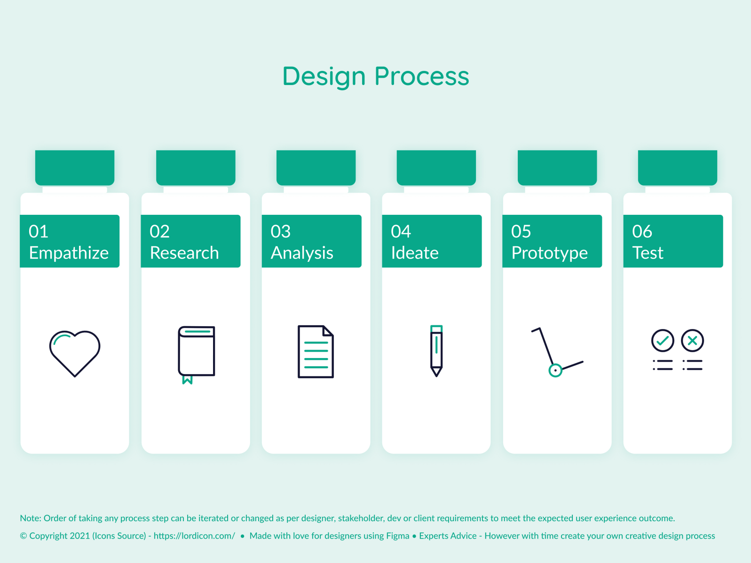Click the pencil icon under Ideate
(436, 351)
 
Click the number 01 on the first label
(38, 231)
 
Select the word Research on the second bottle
(184, 253)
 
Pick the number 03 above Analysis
(281, 231)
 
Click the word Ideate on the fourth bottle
(415, 253)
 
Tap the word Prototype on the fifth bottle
(549, 253)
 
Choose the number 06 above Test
(642, 231)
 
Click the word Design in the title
(324, 77)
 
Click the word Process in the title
(422, 76)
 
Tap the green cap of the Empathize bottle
(75, 167)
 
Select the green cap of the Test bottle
(678, 167)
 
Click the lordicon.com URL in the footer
(194, 536)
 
